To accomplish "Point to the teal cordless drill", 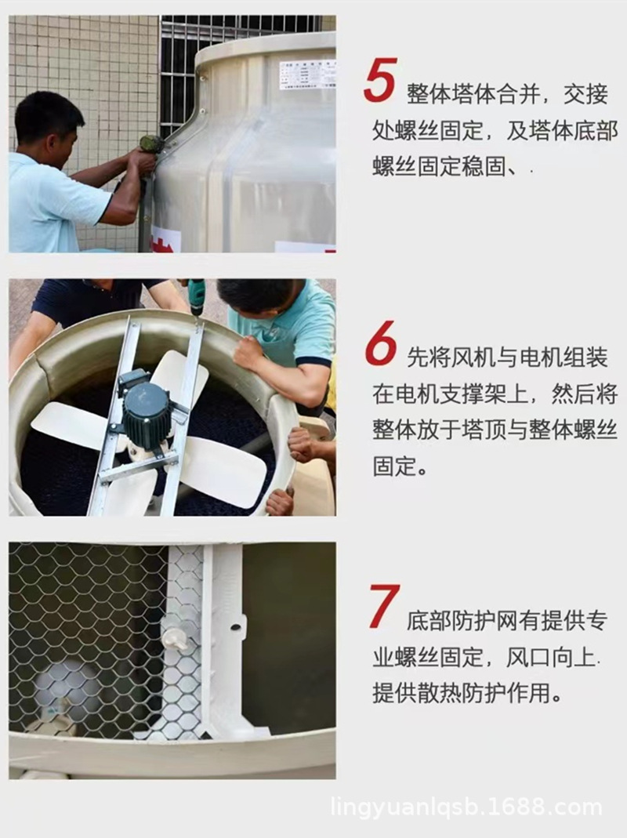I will [195, 296].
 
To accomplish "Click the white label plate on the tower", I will [306, 74].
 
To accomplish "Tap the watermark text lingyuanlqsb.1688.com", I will [466, 807].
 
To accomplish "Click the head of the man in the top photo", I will [49, 122].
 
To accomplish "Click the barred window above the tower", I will [235, 47].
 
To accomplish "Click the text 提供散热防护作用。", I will [468, 693].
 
